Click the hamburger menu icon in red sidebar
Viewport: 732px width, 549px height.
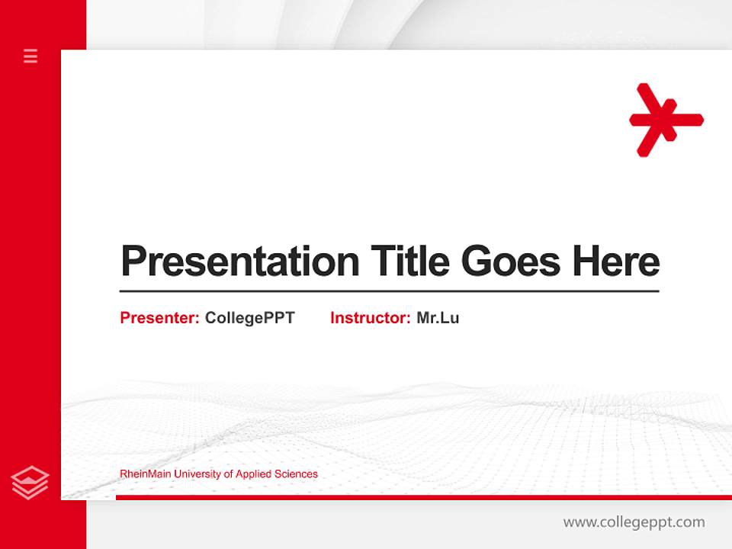[30, 56]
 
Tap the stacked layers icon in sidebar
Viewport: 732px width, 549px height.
[30, 483]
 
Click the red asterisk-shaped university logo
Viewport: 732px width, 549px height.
[666, 120]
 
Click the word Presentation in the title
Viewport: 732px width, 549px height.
[239, 262]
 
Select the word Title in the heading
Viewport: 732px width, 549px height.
[409, 261]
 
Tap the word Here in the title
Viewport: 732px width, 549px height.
[616, 261]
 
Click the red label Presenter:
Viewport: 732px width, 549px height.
[159, 318]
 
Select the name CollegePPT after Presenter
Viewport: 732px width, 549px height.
[249, 318]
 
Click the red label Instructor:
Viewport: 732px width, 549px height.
[370, 318]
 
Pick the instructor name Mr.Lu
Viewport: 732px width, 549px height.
[438, 318]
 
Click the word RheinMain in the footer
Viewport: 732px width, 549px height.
[146, 474]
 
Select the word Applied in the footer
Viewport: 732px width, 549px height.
[253, 474]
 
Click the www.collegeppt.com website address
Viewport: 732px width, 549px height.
[634, 522]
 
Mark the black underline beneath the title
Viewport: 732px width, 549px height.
[389, 291]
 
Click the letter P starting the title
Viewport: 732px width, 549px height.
[133, 262]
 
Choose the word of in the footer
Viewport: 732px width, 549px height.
[228, 474]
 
